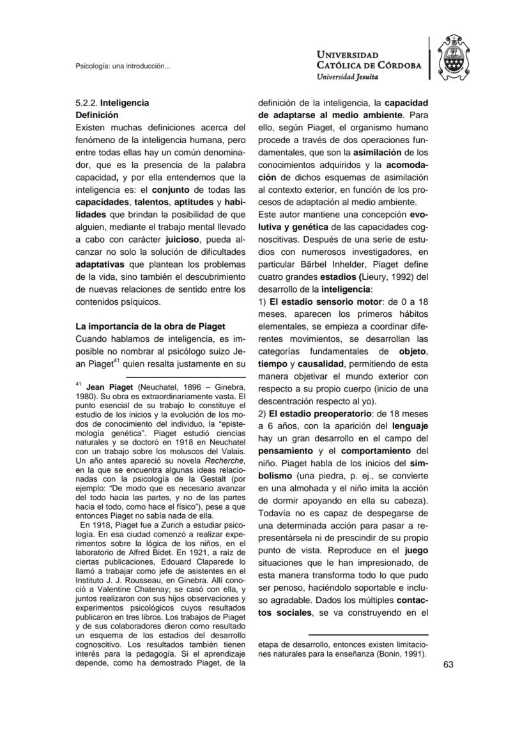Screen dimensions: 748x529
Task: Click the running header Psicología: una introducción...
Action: pyautogui.click(x=123, y=66)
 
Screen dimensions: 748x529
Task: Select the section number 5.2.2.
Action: pyautogui.click(x=86, y=102)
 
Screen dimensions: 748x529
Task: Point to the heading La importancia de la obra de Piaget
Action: pyautogui.click(x=150, y=326)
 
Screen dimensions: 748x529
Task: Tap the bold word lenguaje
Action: pyautogui.click(x=410, y=426)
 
